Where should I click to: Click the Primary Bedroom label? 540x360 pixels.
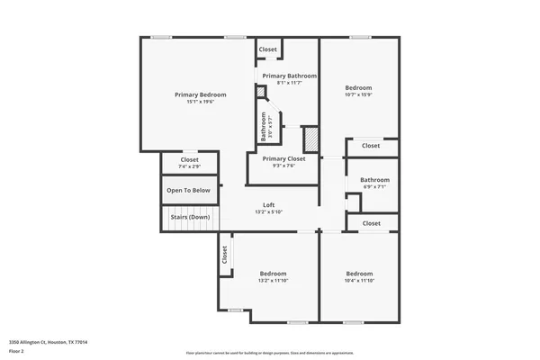[200, 94]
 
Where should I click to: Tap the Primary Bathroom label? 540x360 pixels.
[289, 76]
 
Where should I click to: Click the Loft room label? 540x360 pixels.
[268, 204]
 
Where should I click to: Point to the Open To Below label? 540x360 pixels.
[189, 190]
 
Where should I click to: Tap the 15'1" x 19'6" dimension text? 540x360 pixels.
[200, 102]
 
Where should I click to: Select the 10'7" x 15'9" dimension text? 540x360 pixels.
[358, 94]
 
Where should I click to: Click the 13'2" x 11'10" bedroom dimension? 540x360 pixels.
[273, 281]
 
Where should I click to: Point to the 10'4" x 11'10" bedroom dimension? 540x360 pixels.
[360, 281]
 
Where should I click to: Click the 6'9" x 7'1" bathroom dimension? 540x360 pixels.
[374, 187]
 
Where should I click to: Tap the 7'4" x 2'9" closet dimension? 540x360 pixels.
[189, 166]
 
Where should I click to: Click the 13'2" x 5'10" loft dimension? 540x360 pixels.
[268, 211]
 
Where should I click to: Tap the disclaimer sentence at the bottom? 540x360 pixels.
[269, 353]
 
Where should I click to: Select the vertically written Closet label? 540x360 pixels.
[224, 255]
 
